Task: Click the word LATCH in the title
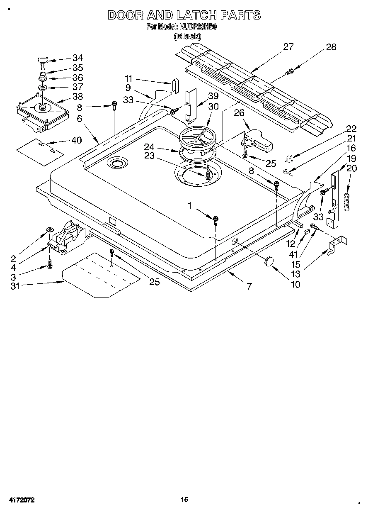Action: point(196,15)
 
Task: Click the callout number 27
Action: point(288,46)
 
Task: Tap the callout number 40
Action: point(76,140)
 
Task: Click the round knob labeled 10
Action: point(269,261)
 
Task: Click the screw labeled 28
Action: point(289,73)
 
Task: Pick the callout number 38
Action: point(77,97)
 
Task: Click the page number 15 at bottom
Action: point(184,500)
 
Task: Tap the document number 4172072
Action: point(20,500)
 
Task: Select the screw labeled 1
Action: point(216,219)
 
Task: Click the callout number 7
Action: point(249,286)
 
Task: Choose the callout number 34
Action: point(77,58)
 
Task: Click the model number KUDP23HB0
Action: point(198,27)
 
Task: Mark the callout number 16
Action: point(351,148)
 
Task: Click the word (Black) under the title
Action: point(187,36)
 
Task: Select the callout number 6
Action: point(79,118)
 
